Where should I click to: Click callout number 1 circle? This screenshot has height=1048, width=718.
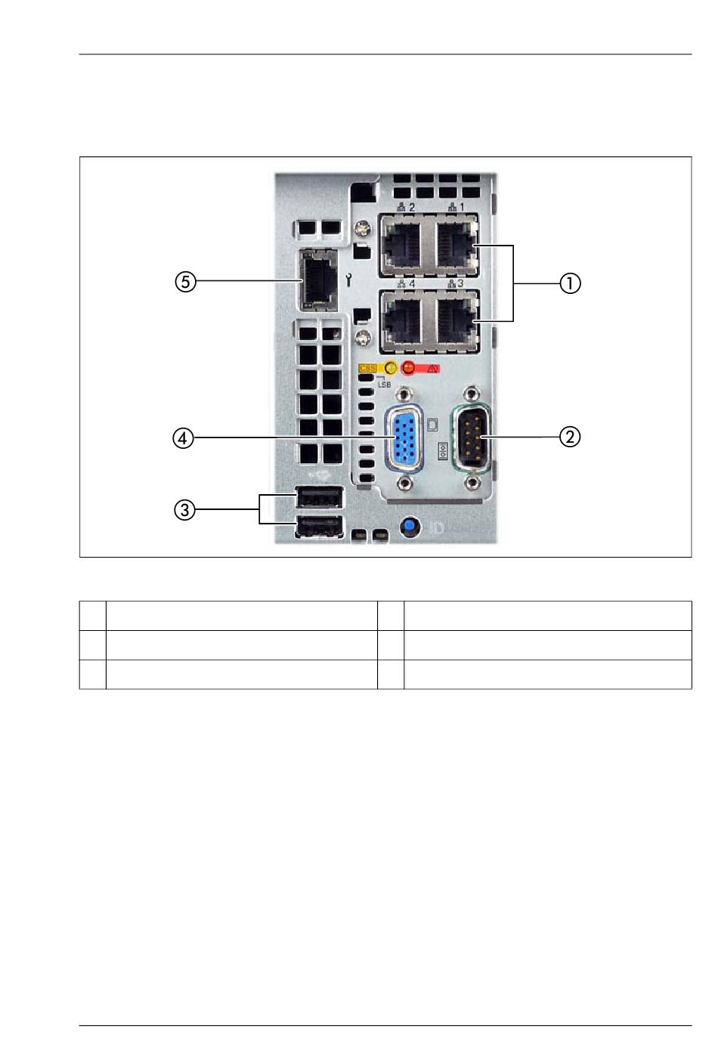570,283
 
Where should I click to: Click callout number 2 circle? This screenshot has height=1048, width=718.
570,437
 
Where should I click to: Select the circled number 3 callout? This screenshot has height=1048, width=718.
184,509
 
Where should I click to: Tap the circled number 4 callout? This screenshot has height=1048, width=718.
183,438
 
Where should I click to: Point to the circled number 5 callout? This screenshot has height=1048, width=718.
185,282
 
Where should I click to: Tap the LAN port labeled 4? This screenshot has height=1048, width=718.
402,321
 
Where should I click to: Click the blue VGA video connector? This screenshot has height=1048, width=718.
404,438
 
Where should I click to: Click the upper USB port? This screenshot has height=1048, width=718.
319,498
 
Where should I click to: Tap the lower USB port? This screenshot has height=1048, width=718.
319,527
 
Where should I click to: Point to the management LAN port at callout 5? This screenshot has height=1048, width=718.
318,280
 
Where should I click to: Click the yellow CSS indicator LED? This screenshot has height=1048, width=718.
391,368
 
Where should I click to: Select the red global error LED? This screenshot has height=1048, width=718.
409,368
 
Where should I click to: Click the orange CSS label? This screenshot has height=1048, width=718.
367,368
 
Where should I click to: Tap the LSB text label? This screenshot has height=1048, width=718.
384,384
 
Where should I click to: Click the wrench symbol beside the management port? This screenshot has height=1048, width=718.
348,281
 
